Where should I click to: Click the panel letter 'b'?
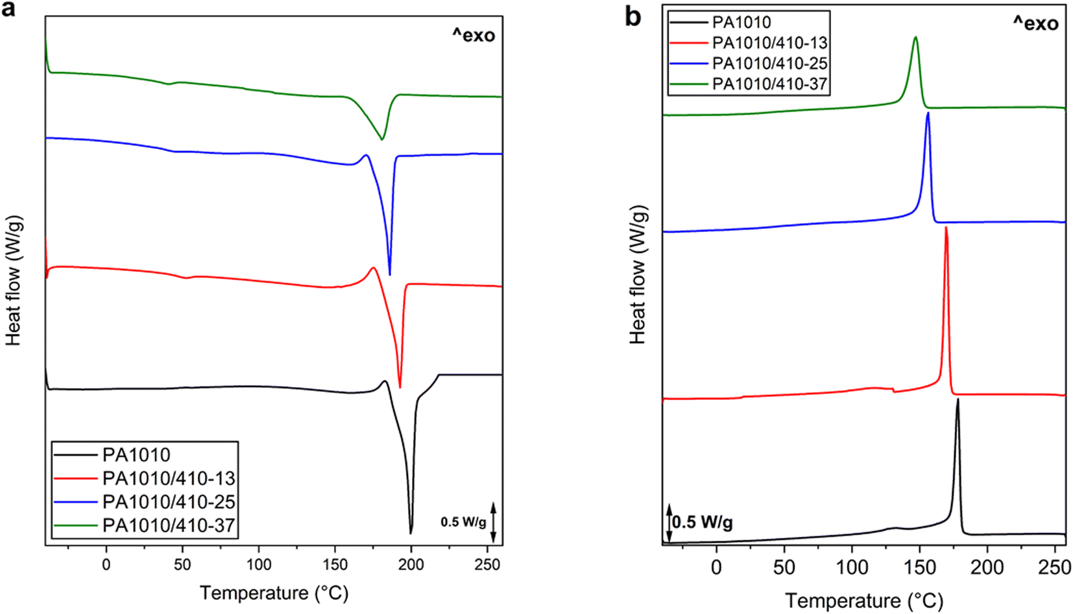click(x=633, y=16)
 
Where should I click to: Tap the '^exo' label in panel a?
click(x=474, y=35)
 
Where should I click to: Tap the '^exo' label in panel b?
click(x=1036, y=23)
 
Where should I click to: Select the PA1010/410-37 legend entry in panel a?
click(x=169, y=525)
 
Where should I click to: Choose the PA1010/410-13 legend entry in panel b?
click(x=769, y=43)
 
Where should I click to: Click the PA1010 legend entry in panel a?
click(x=136, y=455)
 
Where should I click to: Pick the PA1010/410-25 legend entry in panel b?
click(x=769, y=64)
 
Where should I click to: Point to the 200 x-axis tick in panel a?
click(x=411, y=564)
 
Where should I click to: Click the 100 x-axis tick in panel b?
click(x=852, y=567)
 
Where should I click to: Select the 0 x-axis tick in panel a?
click(x=106, y=564)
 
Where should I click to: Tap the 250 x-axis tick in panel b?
click(x=1055, y=567)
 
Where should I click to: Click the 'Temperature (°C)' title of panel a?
click(x=274, y=593)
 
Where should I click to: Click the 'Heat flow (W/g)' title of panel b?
click(x=638, y=274)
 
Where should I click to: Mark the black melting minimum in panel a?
click(x=411, y=533)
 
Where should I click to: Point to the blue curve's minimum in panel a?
click(x=389, y=274)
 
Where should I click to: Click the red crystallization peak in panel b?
click(x=946, y=228)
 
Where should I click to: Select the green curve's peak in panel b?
click(x=915, y=38)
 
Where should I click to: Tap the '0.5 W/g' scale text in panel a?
click(x=463, y=522)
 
